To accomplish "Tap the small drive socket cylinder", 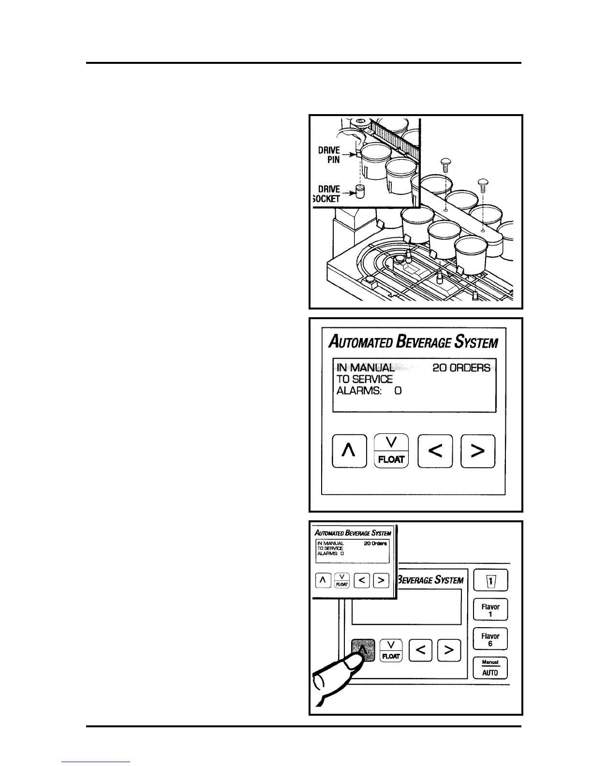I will (359, 192).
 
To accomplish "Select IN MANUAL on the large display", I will (366, 368).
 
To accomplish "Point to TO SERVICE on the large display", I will (364, 379).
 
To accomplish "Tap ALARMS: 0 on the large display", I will (369, 391).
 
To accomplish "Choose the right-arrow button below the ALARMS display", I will (478, 451).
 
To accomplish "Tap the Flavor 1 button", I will (490, 610).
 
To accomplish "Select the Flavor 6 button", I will (490, 640).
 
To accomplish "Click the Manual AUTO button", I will (490, 668).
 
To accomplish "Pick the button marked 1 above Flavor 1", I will (490, 581).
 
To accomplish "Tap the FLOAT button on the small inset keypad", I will (342, 580).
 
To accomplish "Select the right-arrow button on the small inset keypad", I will (381, 580).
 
